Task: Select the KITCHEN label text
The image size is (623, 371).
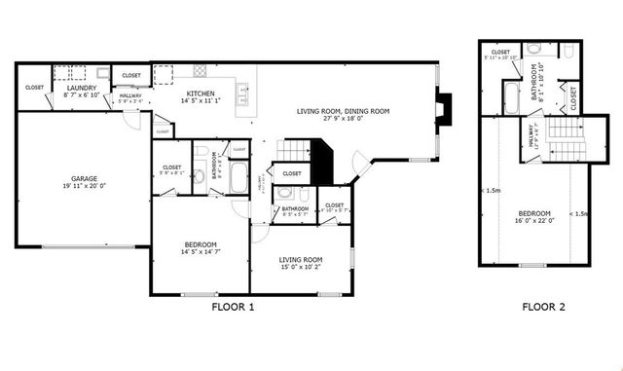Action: point(202,93)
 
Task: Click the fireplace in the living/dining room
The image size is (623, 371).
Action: point(443,104)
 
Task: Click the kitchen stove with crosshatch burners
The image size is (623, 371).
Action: point(200,70)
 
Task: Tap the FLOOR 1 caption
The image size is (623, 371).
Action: point(233,308)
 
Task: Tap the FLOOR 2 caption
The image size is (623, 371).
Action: point(543,308)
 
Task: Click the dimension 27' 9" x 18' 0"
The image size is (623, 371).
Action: point(343,120)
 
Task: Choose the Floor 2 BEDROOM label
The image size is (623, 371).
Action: point(534,213)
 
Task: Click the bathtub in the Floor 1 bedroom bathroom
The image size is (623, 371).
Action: point(239,176)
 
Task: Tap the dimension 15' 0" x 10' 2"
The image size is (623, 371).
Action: point(301,268)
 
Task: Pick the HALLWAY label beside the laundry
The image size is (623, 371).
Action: point(128,93)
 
